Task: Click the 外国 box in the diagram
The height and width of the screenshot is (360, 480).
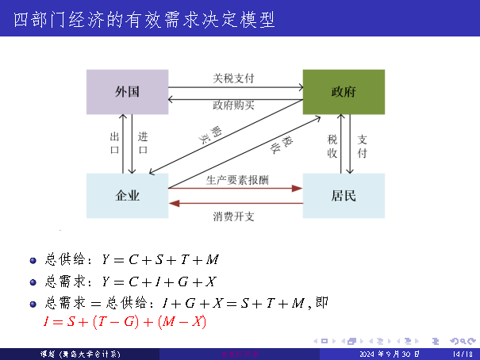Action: pos(127,91)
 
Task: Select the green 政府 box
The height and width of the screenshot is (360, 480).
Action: pos(344,91)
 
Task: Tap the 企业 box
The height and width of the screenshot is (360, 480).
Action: pos(127,195)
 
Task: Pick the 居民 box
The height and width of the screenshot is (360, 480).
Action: pos(344,195)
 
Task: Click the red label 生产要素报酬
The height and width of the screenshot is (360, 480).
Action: pos(236,180)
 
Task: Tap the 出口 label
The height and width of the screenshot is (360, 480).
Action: pos(114,143)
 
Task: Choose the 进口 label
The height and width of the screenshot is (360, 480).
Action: pos(143,143)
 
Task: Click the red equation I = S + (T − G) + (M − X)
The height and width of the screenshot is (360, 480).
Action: pos(125,321)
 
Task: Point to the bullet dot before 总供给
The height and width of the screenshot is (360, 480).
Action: pos(33,260)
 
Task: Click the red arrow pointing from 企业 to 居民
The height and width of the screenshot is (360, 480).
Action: pos(236,189)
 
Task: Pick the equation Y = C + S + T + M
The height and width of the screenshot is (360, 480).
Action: pos(159,260)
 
